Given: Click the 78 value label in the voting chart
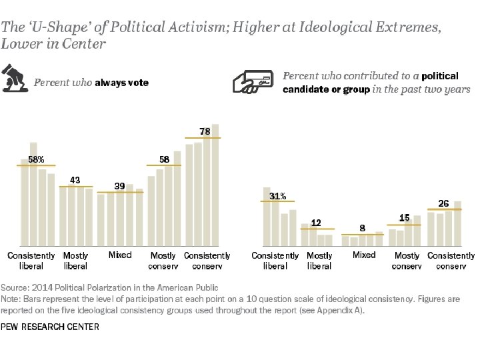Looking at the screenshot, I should [205, 131].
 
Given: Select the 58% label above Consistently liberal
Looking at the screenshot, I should [36, 160].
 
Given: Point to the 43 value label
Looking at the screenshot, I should [75, 180].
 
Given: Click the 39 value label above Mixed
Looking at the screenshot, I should [119, 186].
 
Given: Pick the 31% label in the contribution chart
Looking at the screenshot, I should [278, 196].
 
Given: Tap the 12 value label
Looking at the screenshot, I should [317, 223].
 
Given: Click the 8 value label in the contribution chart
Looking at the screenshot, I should [362, 228].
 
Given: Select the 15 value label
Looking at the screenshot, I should [404, 218].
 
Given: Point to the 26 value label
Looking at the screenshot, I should [443, 203].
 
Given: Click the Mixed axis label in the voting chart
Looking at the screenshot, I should [120, 255].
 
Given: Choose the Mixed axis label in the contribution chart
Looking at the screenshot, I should [364, 255].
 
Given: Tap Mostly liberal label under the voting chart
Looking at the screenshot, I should [75, 261].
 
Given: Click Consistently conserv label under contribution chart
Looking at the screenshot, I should [451, 261].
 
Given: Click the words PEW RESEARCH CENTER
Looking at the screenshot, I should [50, 327].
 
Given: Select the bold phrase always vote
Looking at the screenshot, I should [121, 83].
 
